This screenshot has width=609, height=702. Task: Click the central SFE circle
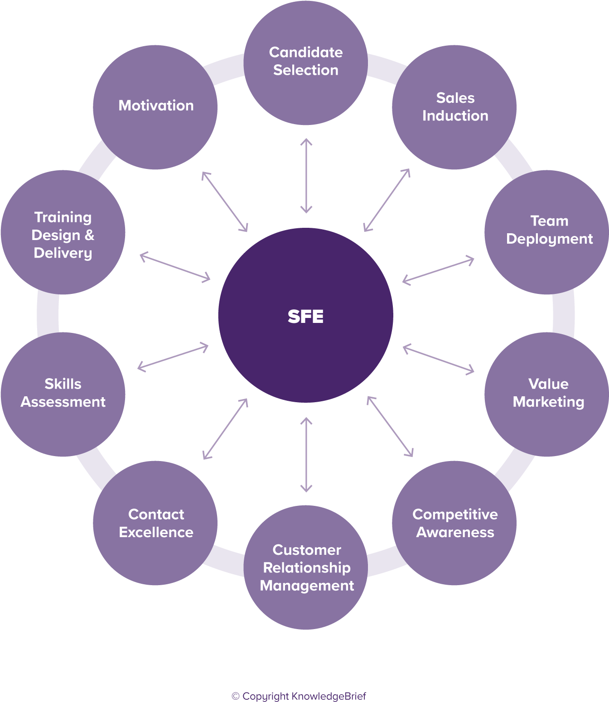tap(305, 316)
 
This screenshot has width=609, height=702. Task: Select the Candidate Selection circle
tap(305, 63)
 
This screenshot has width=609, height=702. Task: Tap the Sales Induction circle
tap(454, 107)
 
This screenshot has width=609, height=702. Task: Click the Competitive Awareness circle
tap(454, 523)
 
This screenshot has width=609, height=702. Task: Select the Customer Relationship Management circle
tap(306, 567)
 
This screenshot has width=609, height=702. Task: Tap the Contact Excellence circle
tap(155, 523)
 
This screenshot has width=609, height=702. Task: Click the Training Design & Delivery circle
tap(63, 232)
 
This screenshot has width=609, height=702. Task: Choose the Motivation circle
tap(155, 107)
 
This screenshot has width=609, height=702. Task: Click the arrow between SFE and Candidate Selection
tap(306, 176)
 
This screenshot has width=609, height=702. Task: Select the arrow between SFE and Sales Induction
tap(387, 200)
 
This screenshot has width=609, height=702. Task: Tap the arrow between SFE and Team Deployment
tap(438, 270)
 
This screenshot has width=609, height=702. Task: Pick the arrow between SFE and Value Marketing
tap(438, 359)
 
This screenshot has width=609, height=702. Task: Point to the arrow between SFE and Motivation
tap(225, 202)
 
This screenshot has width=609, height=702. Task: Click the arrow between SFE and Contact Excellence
tap(225, 429)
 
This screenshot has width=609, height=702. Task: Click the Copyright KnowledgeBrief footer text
tap(299, 696)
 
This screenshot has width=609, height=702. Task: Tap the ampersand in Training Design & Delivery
tap(89, 235)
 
